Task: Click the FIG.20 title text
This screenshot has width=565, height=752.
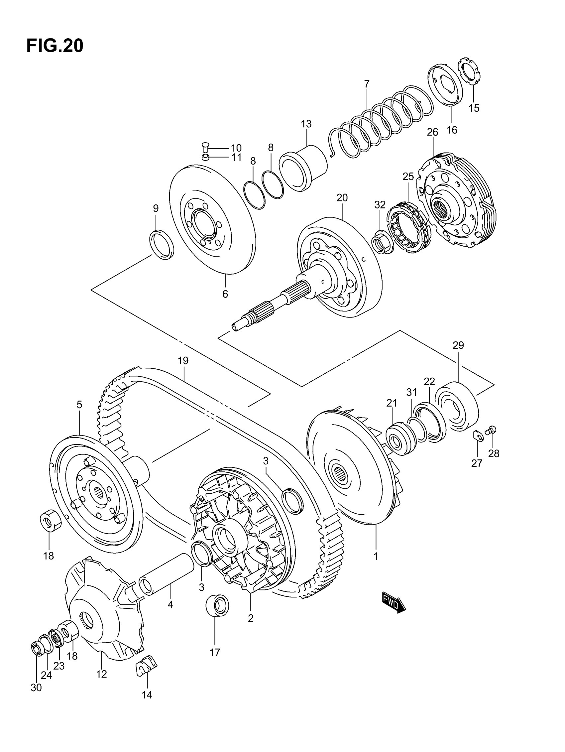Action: (55, 46)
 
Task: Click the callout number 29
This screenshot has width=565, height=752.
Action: (458, 345)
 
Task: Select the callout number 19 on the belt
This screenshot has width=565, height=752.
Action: (183, 360)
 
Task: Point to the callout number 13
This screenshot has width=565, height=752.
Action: (306, 124)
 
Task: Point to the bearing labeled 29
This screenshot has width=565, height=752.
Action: (457, 407)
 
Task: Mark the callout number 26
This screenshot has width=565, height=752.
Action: (432, 132)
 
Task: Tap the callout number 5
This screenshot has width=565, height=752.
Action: (79, 405)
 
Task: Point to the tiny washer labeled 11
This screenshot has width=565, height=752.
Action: (205, 157)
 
